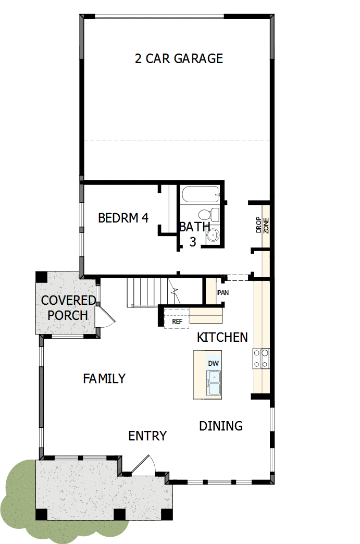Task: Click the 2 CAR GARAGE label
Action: click(179, 58)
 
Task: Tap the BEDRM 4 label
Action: click(123, 218)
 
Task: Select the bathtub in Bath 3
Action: click(201, 196)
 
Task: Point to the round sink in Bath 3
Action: click(212, 236)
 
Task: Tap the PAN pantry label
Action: click(223, 293)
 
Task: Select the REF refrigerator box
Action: click(177, 321)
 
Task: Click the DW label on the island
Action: click(213, 363)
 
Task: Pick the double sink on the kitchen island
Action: click(214, 383)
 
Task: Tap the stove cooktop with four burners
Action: click(261, 358)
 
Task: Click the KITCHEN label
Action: click(222, 338)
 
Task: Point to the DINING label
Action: click(221, 426)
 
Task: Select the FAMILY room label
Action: click(104, 379)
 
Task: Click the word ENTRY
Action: click(147, 436)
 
